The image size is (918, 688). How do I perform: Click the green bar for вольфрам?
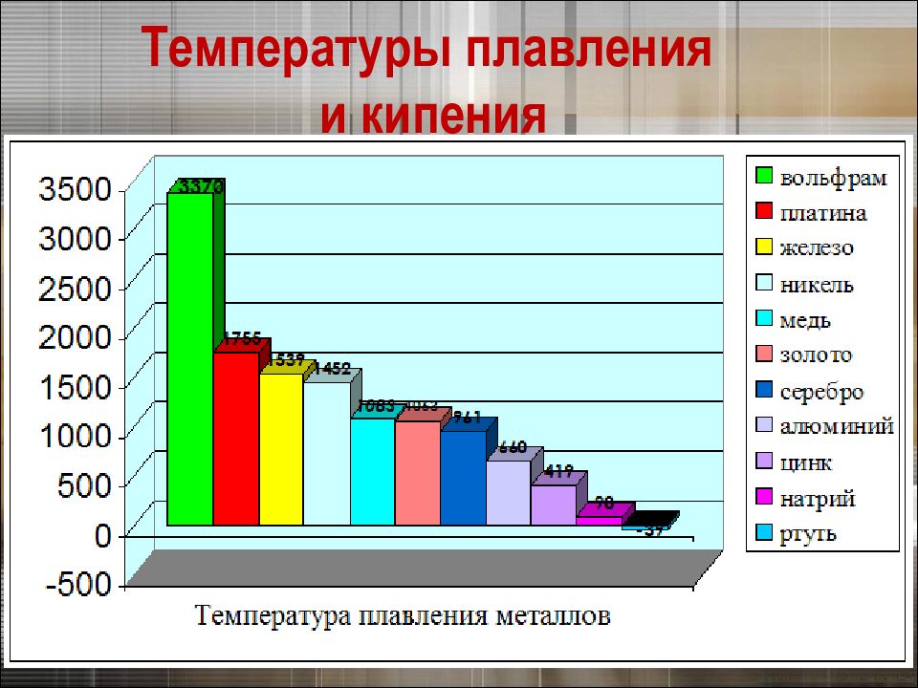(x=189, y=358)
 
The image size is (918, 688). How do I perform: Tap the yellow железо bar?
(x=281, y=449)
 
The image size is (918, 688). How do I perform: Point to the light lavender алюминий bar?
(x=508, y=492)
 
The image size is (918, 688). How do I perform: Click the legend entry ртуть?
(x=808, y=533)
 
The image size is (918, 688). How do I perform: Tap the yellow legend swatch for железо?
(x=764, y=247)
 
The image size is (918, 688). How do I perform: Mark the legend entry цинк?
(x=805, y=463)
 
